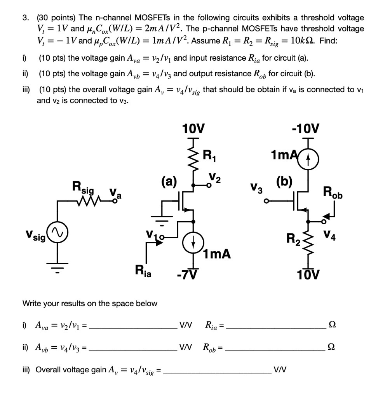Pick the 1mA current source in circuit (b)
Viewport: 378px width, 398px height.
tap(308, 158)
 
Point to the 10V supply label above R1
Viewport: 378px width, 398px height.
tap(193, 128)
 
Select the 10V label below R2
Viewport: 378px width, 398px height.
tap(308, 275)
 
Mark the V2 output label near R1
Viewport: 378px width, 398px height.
tap(214, 178)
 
